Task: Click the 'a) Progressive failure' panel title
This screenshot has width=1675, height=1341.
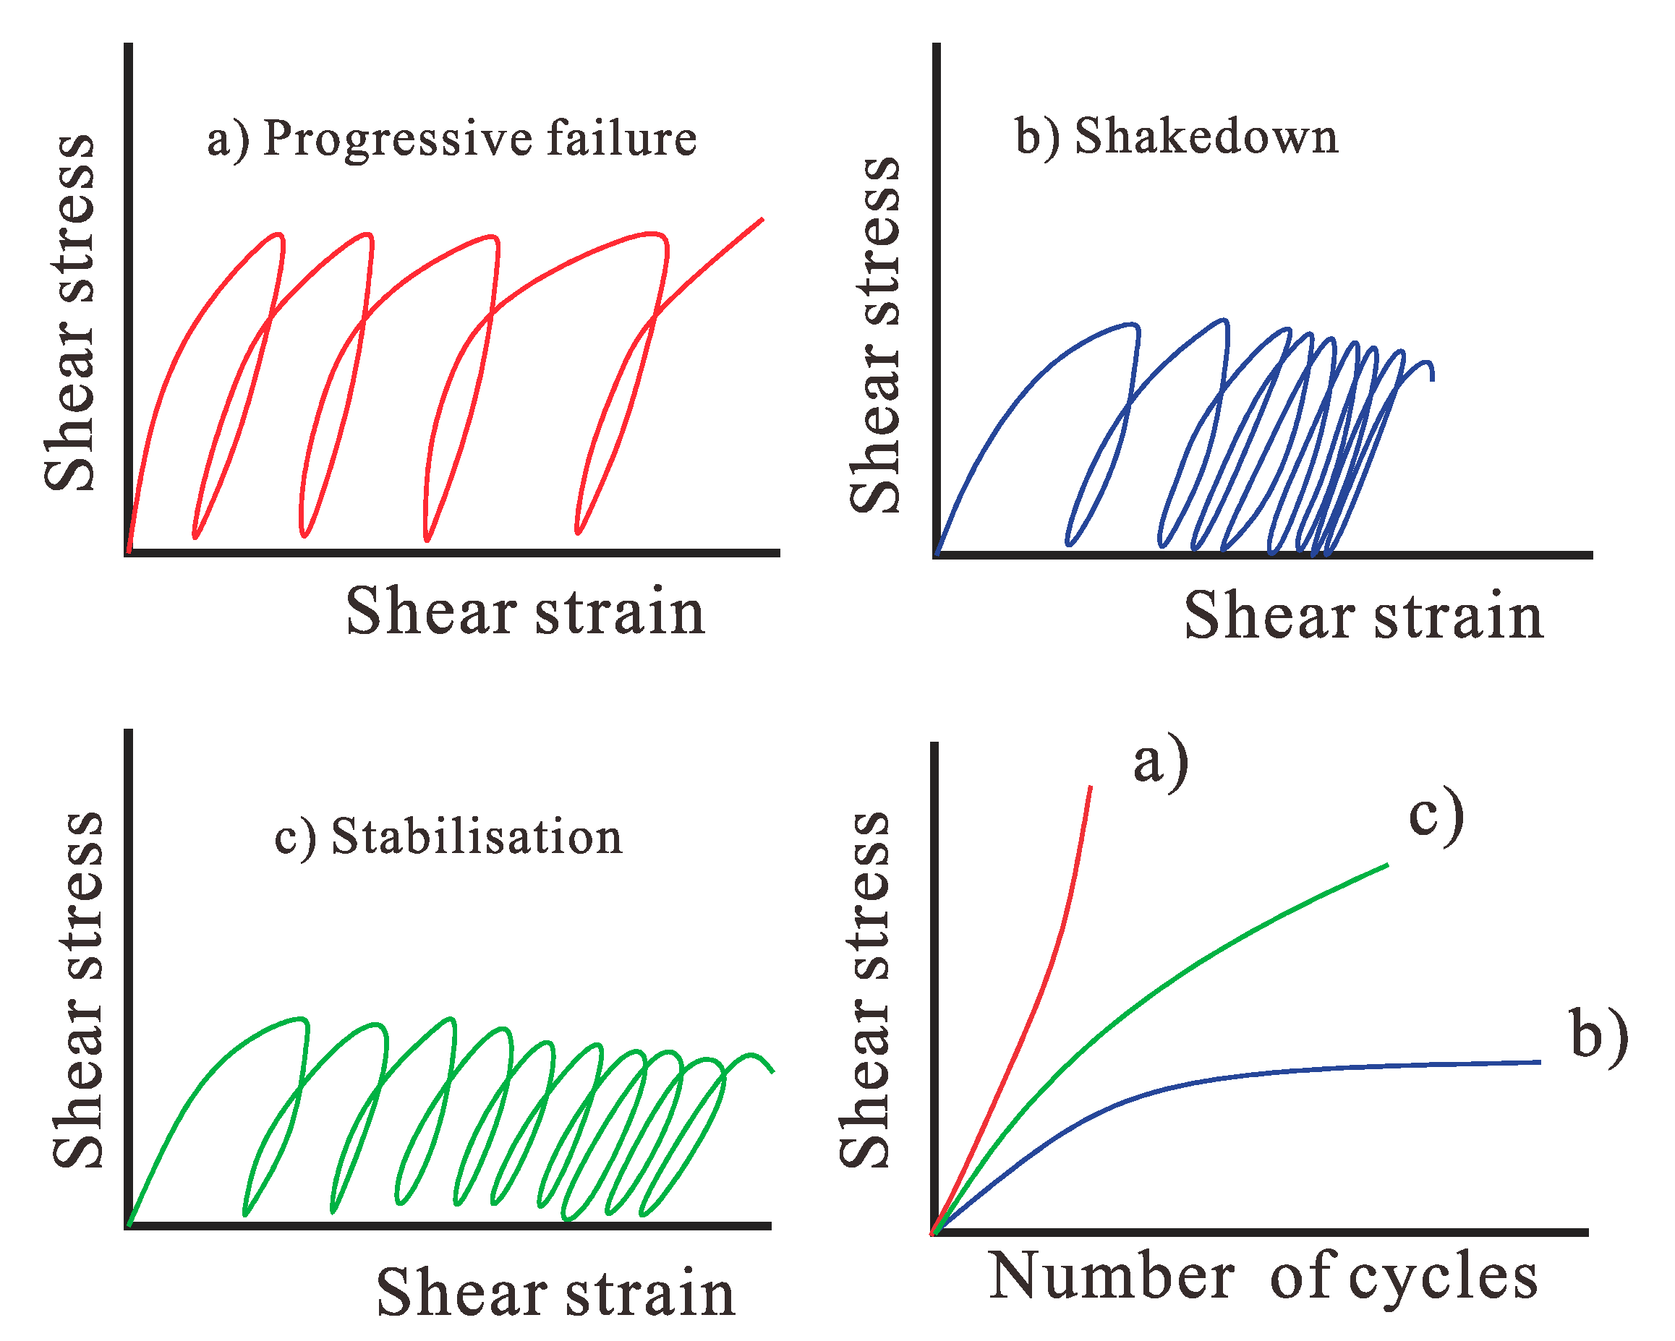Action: click(451, 140)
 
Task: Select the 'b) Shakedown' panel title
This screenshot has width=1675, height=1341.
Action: click(1177, 138)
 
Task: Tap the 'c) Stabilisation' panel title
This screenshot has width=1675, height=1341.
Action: click(448, 838)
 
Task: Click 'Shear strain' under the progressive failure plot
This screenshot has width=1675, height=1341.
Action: click(525, 612)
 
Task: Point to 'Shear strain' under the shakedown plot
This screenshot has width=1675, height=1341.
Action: click(1364, 617)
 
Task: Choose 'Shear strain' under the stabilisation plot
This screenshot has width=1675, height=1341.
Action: click(555, 1293)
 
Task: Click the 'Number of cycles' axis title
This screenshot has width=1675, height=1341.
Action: click(1263, 1277)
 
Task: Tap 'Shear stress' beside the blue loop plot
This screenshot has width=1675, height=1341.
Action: click(875, 335)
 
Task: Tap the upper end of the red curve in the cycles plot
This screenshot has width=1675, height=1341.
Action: click(1091, 787)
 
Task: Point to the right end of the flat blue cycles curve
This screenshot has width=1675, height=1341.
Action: click(1539, 1062)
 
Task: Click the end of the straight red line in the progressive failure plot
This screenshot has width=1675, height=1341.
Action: click(762, 220)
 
